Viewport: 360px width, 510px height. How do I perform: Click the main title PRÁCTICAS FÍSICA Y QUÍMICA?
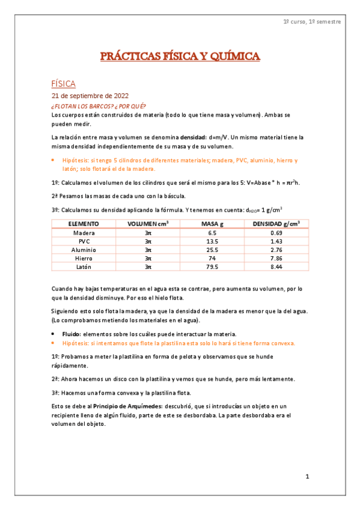click(180, 57)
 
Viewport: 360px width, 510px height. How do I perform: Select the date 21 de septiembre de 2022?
click(90, 96)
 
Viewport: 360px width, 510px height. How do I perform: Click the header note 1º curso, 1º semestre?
click(312, 22)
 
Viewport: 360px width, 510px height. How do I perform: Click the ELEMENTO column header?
click(84, 224)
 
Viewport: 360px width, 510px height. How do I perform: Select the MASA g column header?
click(212, 224)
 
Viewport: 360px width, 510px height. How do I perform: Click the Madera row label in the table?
click(84, 233)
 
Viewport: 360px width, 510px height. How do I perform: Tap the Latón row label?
click(84, 266)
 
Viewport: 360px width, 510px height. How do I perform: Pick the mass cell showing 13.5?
click(212, 241)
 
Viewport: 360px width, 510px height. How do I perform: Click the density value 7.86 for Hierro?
click(276, 258)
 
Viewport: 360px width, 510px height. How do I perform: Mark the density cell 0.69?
click(276, 233)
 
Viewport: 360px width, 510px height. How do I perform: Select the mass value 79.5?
click(212, 266)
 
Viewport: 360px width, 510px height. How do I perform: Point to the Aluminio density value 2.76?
click(276, 250)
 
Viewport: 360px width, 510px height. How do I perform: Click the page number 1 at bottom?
click(307, 477)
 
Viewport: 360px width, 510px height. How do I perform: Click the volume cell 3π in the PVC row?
click(148, 241)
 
